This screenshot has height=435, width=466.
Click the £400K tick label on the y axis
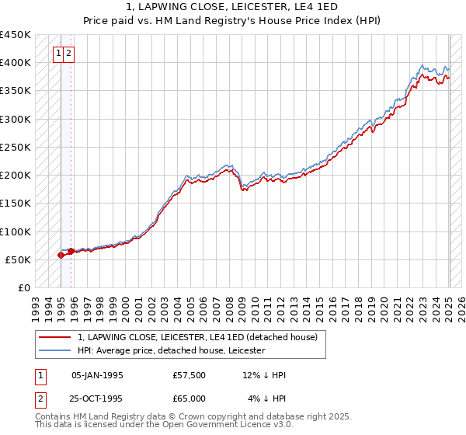16,63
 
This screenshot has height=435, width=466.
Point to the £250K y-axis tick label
16,147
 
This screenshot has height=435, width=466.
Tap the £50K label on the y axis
19,259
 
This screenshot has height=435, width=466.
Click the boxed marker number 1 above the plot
58,54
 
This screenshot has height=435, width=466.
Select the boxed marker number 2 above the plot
69,54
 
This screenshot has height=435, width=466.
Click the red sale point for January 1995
61,255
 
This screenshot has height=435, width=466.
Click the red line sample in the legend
55,338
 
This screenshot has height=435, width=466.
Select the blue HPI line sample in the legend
55,350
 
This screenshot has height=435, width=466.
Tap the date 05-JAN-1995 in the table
96,376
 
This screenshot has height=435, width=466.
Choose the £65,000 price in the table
190,398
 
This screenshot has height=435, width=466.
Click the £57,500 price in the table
190,376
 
